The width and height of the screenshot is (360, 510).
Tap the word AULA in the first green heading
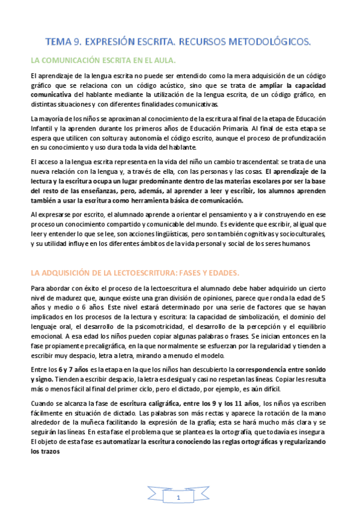pos(162,61)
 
